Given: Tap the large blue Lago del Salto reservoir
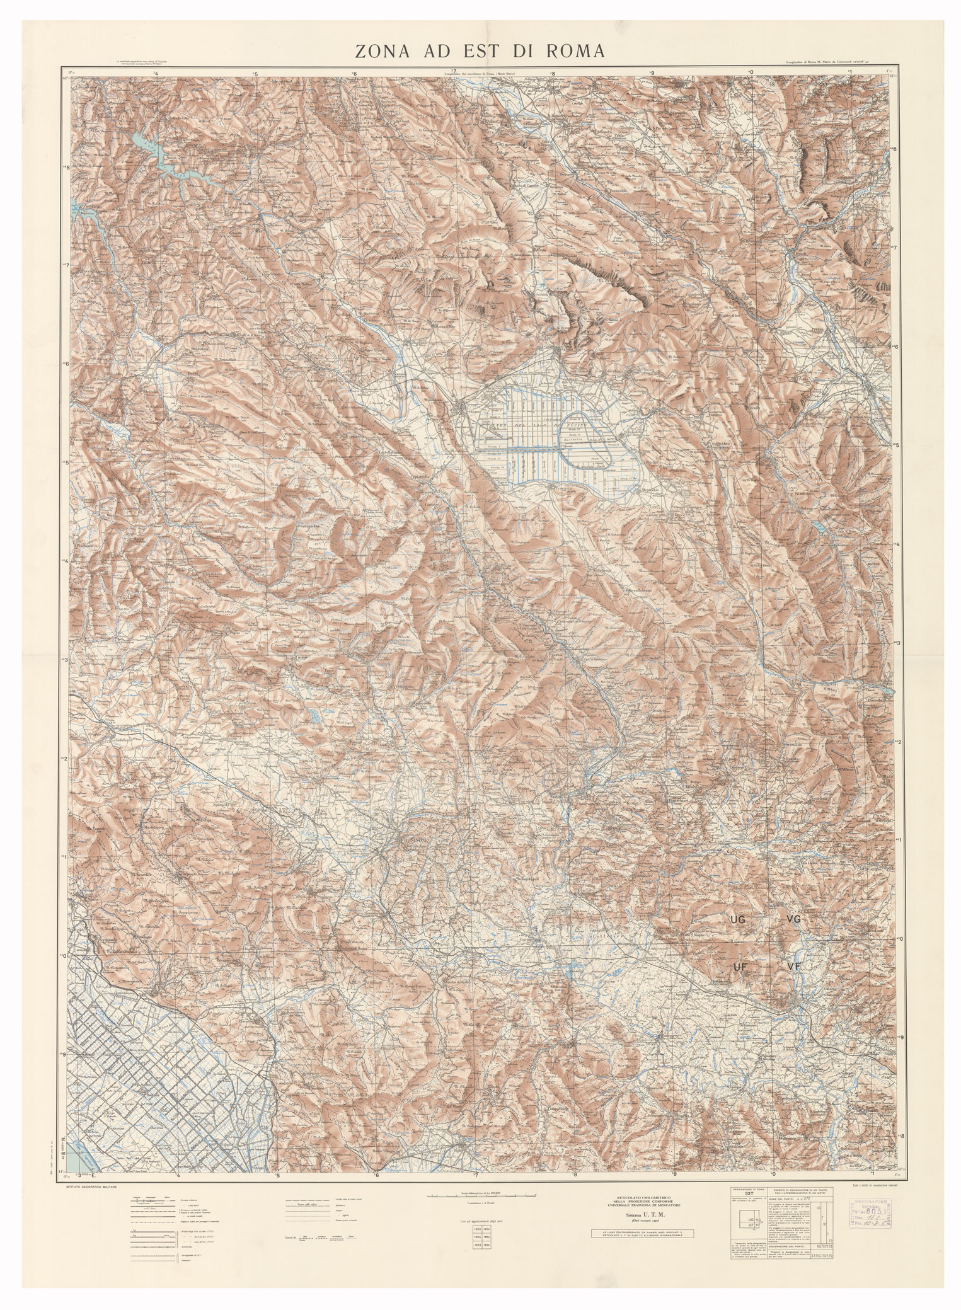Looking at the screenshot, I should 158,158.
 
